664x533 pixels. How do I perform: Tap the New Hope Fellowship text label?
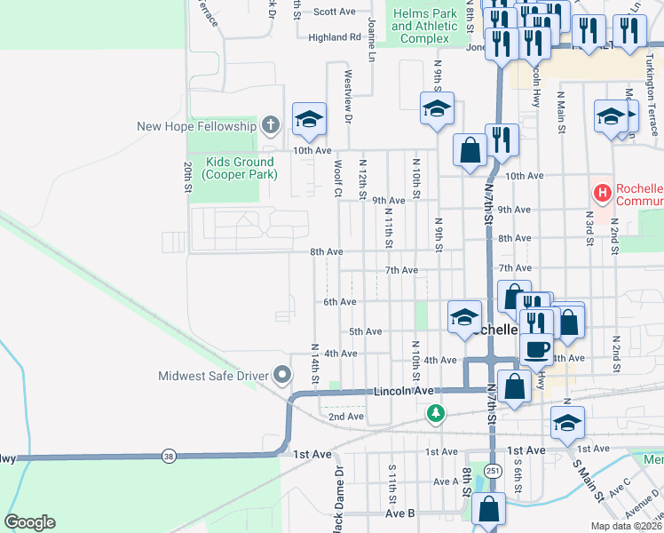pos(196,126)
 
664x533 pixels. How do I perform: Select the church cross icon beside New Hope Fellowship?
pos(271,125)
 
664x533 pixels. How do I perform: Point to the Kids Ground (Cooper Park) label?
pos(241,168)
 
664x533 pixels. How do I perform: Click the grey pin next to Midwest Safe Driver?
pos(283,376)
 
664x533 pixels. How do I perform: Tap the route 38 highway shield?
pos(169,457)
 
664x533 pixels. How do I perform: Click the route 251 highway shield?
pos(492,469)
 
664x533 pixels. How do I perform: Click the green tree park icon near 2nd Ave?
pos(435,412)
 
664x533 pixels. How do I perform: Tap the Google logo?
pos(29,522)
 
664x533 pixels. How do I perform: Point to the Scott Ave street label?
pos(335,12)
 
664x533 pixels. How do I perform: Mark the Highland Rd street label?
pos(335,37)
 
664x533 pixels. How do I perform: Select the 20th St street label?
pos(188,177)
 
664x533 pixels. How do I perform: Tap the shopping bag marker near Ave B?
pos(487,509)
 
